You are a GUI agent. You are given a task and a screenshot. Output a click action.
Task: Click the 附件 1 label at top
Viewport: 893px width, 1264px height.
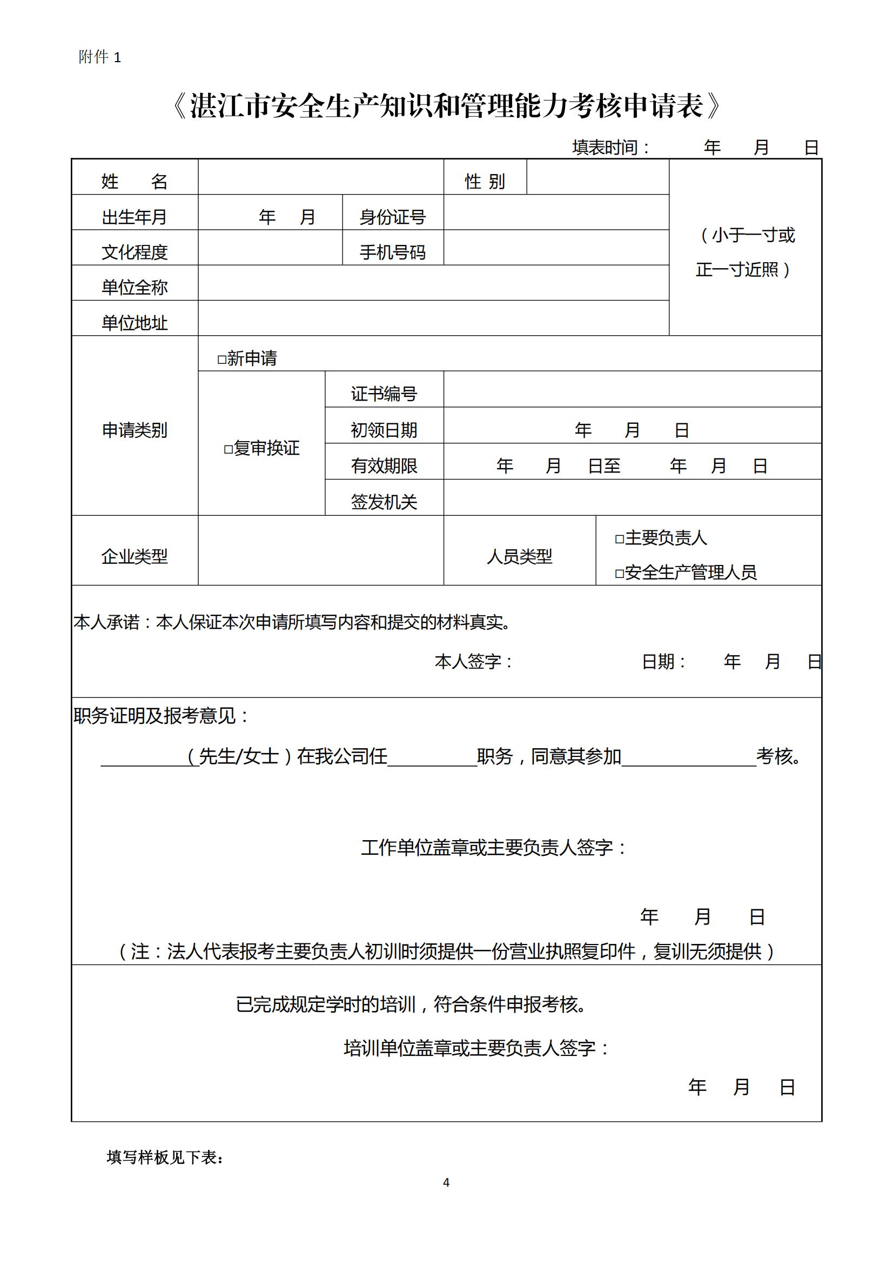(x=99, y=57)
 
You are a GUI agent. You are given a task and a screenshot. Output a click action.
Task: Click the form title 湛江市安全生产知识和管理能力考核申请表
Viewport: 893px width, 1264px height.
(x=446, y=107)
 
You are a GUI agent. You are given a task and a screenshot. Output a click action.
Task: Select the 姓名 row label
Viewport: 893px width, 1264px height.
(x=135, y=181)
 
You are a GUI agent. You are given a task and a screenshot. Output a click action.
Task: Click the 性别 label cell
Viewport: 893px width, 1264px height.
(x=485, y=181)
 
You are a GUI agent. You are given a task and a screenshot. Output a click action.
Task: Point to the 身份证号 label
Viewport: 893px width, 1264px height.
(x=392, y=217)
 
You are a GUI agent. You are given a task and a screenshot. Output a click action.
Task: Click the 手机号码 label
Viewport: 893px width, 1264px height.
(x=392, y=252)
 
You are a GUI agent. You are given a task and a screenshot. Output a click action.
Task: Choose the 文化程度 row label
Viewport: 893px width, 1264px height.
(x=135, y=252)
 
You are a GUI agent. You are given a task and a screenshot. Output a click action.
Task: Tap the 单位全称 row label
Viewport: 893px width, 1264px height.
(x=135, y=288)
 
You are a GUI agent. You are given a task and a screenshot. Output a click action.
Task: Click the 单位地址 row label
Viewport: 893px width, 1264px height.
(x=135, y=323)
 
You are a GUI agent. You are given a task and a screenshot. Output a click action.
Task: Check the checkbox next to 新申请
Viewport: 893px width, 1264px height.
(x=221, y=360)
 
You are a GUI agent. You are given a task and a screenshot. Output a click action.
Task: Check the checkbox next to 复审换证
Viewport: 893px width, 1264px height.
(x=229, y=450)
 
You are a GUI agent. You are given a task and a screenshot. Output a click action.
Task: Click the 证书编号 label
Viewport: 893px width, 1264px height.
(x=384, y=394)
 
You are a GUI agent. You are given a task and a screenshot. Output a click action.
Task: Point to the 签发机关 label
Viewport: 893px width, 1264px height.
(x=384, y=502)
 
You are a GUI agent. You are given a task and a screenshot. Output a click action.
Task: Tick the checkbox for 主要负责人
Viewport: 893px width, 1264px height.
(x=620, y=539)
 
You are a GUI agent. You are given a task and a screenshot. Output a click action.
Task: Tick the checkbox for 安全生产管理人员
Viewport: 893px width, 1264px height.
(x=620, y=574)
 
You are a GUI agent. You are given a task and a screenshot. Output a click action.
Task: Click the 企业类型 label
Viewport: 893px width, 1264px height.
(x=135, y=556)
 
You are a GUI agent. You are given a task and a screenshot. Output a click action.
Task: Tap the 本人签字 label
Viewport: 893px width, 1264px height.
(x=473, y=661)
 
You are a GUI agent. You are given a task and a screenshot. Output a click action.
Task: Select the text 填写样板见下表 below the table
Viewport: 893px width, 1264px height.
(x=165, y=1157)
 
